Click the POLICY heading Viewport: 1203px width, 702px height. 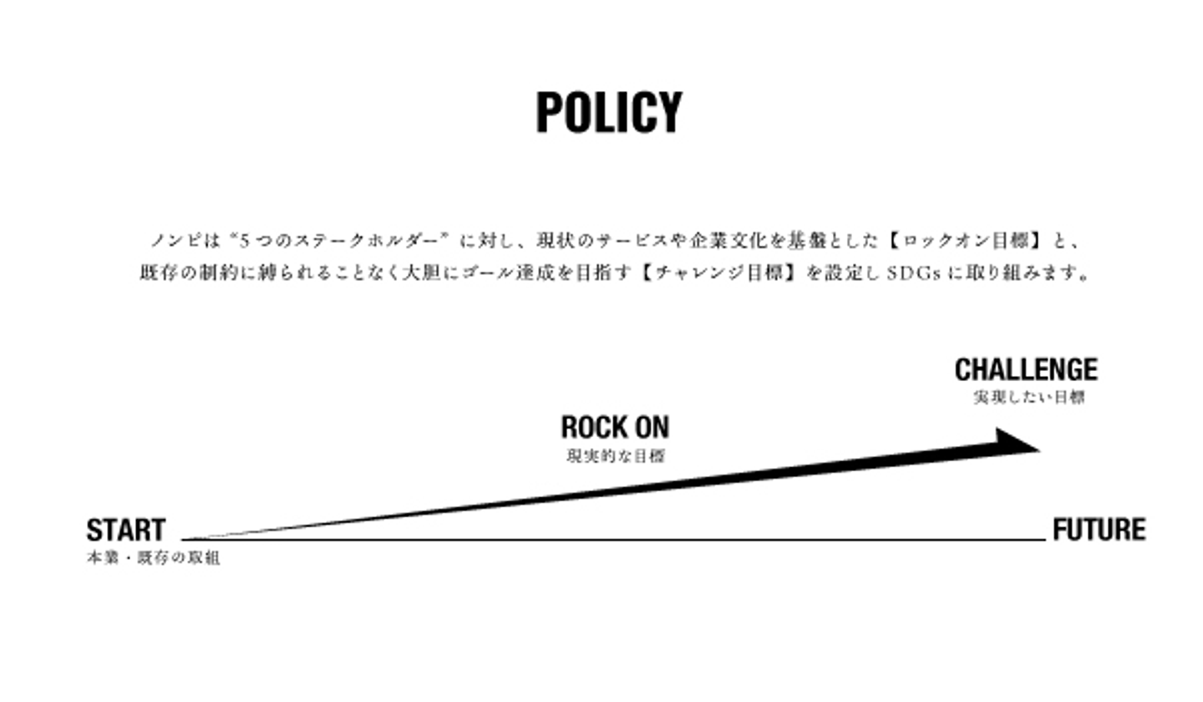[x=608, y=113]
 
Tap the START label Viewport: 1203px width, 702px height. [x=126, y=530]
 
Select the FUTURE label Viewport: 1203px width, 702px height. [x=1099, y=530]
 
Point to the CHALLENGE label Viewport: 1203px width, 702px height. [x=1026, y=369]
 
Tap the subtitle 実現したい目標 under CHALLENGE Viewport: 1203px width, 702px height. [x=1028, y=398]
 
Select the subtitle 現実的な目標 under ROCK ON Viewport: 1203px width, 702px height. [x=616, y=456]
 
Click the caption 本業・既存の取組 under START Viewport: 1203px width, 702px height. [x=153, y=558]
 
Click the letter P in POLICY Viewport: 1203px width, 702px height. [x=548, y=113]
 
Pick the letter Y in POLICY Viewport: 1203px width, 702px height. [x=669, y=113]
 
